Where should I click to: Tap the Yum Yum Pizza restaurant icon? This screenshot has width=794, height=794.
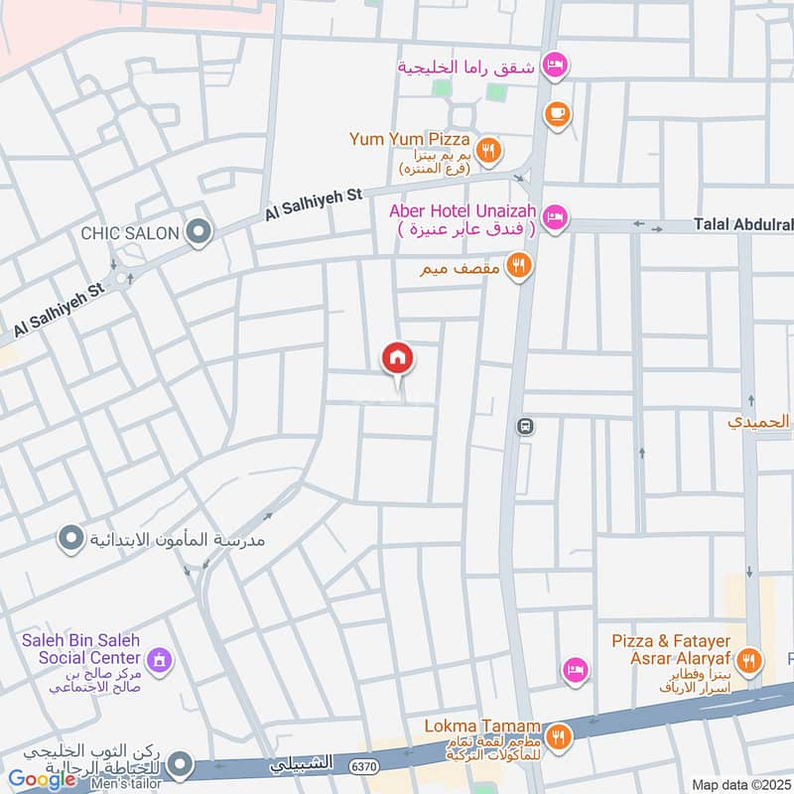coord(487,151)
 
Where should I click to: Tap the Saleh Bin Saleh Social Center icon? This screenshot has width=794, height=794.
coord(158,660)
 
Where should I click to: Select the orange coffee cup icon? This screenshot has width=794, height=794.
coord(557,114)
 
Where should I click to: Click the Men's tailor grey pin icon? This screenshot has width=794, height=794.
coord(180,764)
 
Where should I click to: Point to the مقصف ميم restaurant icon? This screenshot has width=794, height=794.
coord(517,267)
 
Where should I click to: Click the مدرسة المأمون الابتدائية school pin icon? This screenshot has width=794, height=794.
coord(70,540)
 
